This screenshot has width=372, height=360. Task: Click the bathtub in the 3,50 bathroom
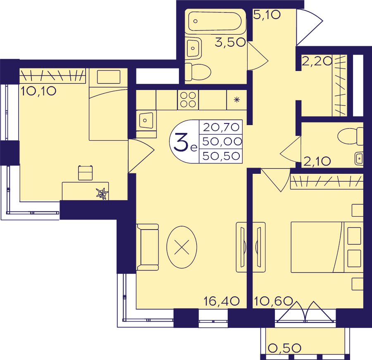(215, 21)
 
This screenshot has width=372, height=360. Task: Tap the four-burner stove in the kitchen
(188, 100)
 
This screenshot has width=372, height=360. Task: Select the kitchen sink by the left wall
(146, 121)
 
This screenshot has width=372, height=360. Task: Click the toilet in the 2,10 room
(351, 136)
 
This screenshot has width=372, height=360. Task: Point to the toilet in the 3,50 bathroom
(198, 72)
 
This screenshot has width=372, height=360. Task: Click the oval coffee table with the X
(182, 247)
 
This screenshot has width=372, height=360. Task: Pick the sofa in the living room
(147, 247)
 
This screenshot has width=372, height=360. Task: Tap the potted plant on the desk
(102, 193)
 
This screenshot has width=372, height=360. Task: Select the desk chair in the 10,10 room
(86, 173)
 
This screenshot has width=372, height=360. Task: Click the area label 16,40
(222, 301)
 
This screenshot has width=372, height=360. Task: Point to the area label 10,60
(273, 301)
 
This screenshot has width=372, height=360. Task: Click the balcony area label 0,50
(284, 348)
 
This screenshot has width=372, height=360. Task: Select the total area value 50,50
(221, 156)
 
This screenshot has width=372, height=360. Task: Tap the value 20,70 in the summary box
(221, 127)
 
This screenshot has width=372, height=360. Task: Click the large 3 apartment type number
(181, 142)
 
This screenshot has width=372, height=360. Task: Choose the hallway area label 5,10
(267, 15)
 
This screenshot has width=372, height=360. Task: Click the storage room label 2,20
(317, 62)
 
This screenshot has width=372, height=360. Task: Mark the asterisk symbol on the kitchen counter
(236, 99)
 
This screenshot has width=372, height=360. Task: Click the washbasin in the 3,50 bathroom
(193, 48)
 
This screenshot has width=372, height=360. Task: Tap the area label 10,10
(38, 91)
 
